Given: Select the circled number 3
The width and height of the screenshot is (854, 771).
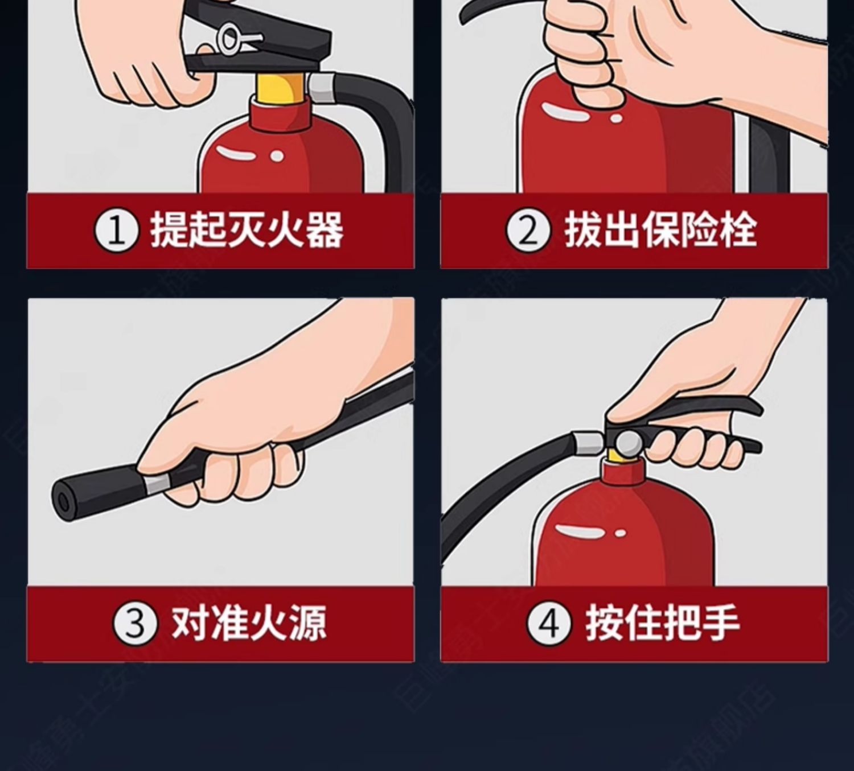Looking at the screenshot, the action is pyautogui.click(x=135, y=624).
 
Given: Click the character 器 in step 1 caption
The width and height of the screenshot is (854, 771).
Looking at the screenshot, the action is pyautogui.click(x=325, y=230).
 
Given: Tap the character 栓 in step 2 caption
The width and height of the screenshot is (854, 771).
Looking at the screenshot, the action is pyautogui.click(x=738, y=230).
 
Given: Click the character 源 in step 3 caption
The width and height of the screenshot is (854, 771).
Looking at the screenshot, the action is pyautogui.click(x=307, y=623).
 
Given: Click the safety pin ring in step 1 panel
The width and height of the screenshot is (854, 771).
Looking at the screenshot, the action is pyautogui.click(x=229, y=40).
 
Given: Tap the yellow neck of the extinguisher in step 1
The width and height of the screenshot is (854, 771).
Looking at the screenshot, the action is pyautogui.click(x=281, y=89).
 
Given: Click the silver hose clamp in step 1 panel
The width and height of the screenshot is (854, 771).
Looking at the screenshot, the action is pyautogui.click(x=322, y=89).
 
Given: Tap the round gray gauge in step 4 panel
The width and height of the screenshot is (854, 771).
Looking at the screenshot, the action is pyautogui.click(x=629, y=443).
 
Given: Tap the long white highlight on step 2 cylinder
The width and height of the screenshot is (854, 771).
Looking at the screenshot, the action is pyautogui.click(x=565, y=112).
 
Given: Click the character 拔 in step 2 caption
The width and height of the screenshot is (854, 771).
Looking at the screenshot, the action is pyautogui.click(x=583, y=230).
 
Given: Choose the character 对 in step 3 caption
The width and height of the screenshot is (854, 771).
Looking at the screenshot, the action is pyautogui.click(x=190, y=623).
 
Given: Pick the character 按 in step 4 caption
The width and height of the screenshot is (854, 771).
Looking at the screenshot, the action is pyautogui.click(x=604, y=623).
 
